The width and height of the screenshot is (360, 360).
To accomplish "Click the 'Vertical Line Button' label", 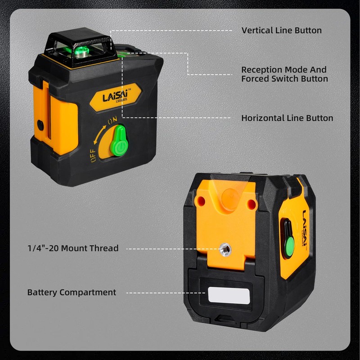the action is click(281, 31).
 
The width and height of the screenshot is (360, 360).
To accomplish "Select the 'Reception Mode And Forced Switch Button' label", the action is click(284, 74).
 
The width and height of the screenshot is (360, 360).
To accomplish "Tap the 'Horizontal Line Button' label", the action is click(287, 118).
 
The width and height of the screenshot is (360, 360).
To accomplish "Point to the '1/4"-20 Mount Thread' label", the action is click(72, 248).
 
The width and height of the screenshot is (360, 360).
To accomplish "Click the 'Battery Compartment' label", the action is click(72, 292).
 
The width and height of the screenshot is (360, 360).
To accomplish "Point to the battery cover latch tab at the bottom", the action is click(226, 320).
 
